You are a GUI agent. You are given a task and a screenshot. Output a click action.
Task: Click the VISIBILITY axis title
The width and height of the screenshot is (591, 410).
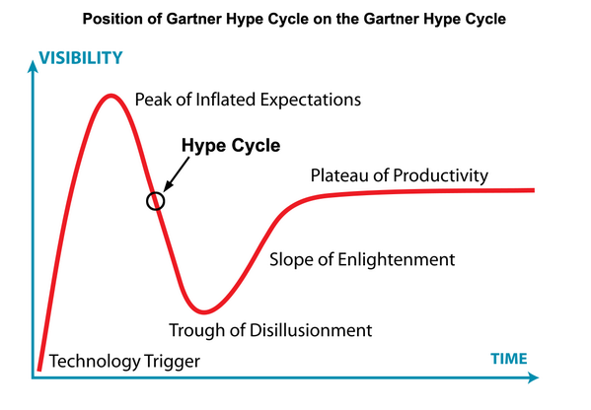[81, 58]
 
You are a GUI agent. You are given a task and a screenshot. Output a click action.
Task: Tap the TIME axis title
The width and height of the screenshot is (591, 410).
[509, 359]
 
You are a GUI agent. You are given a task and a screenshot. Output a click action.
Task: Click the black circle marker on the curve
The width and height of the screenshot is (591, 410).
[155, 201]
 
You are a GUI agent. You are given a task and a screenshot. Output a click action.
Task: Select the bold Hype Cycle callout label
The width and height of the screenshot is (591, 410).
[231, 145]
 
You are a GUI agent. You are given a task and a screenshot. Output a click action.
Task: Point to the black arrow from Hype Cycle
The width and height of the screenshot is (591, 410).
[177, 174]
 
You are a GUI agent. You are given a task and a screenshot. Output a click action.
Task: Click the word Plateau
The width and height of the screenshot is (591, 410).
[337, 175]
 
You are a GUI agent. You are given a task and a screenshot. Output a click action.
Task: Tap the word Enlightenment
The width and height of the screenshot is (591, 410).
[396, 260]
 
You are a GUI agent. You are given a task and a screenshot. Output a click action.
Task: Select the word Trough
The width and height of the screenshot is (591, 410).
[197, 330]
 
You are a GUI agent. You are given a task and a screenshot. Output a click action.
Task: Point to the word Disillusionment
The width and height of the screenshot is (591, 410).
[311, 330]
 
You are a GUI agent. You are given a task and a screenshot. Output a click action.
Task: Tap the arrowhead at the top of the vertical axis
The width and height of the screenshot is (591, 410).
[34, 66]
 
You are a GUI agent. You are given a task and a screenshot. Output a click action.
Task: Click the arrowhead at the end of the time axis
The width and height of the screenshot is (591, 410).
[533, 377]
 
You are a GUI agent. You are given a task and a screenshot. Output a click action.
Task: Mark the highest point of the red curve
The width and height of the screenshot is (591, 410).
[111, 96]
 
